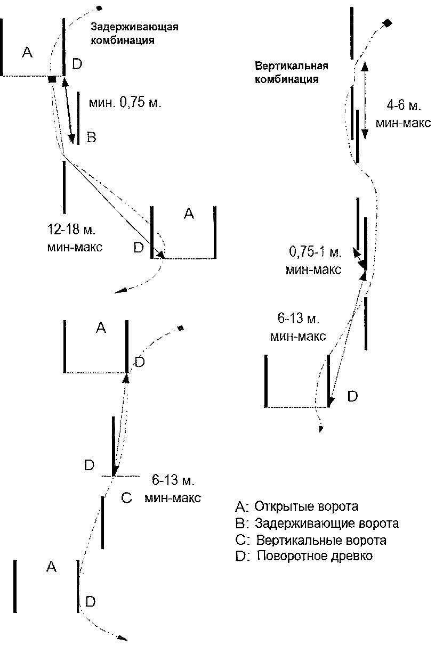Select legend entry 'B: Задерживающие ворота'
pyautogui.click(x=317, y=523)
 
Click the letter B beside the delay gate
pyautogui.click(x=91, y=138)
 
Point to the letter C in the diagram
pyautogui.click(x=126, y=498)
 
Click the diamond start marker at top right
pyautogui.click(x=388, y=23)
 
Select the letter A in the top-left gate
pyautogui.click(x=28, y=52)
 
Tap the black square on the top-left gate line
pyautogui.click(x=52, y=79)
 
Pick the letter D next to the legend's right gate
pyautogui.click(x=353, y=396)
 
